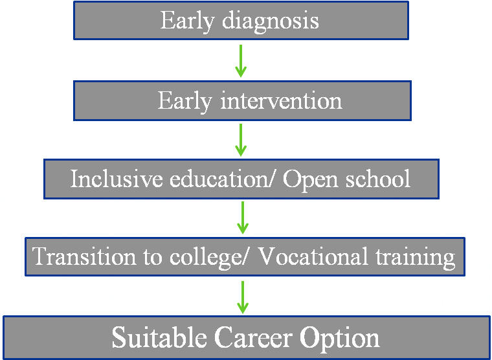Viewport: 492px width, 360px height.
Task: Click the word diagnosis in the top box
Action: [x=271, y=21]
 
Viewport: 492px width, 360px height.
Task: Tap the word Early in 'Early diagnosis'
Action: [x=187, y=21]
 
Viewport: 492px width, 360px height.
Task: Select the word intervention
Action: [x=281, y=101]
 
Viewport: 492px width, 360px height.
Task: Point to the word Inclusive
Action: [x=117, y=179]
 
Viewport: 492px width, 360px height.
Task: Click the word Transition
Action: [x=84, y=257]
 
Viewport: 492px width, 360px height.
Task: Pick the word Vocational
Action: [x=315, y=257]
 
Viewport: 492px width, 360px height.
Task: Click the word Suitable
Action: [x=159, y=337]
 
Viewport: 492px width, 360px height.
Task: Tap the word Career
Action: [x=252, y=338]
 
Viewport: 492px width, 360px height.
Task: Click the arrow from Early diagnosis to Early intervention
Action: [x=241, y=61]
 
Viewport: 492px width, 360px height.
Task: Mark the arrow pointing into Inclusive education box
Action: [x=241, y=140]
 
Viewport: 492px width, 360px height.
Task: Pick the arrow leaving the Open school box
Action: [x=243, y=218]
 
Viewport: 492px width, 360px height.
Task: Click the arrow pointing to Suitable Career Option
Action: [x=243, y=297]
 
